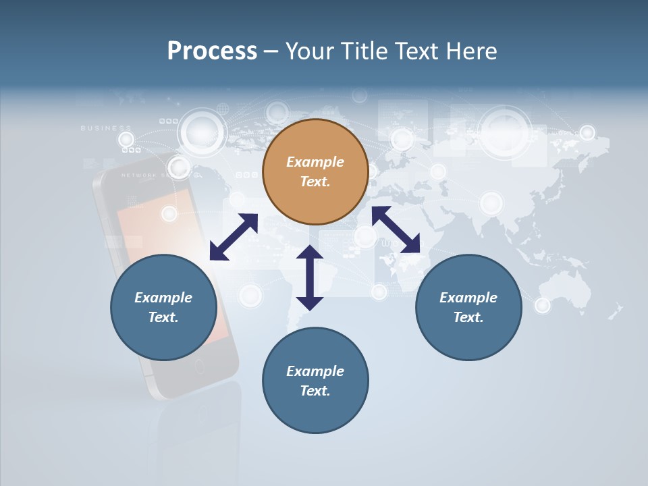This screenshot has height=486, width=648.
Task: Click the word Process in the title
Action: (x=212, y=51)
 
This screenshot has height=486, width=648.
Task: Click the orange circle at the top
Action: (x=315, y=172)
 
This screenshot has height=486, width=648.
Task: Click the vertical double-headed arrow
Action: (x=310, y=277)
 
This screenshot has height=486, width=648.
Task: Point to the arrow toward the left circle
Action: (x=234, y=237)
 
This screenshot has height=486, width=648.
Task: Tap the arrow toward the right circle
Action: (x=396, y=230)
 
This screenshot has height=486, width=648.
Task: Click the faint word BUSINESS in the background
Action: (x=106, y=128)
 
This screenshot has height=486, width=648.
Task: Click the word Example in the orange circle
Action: (x=315, y=162)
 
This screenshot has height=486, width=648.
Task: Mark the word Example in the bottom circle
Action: (x=315, y=371)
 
